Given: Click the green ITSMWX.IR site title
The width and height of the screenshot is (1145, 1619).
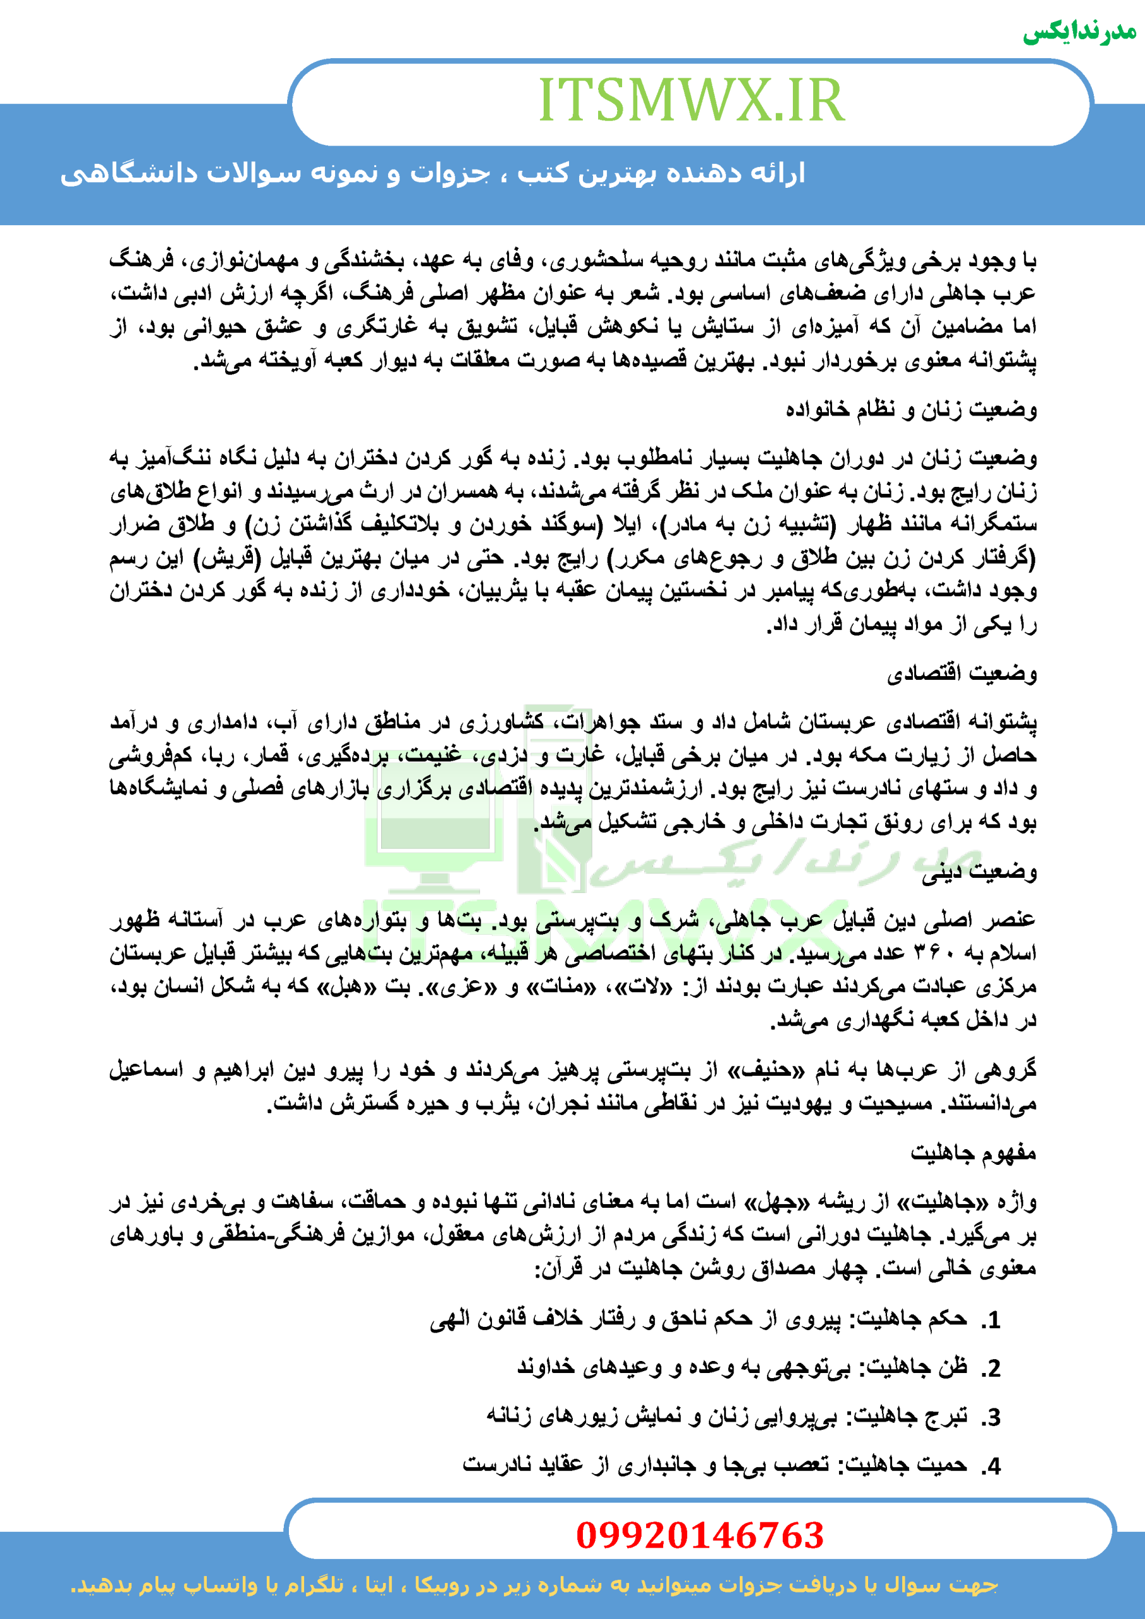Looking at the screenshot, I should pyautogui.click(x=691, y=100).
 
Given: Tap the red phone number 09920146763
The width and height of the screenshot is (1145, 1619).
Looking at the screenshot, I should pyautogui.click(x=699, y=1535).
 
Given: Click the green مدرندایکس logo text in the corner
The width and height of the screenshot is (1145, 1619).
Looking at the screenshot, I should pyautogui.click(x=1079, y=32).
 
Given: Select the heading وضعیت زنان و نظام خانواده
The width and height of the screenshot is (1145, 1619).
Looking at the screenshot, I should pyautogui.click(x=911, y=409).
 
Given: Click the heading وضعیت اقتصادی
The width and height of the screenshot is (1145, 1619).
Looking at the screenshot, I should pyautogui.click(x=962, y=673).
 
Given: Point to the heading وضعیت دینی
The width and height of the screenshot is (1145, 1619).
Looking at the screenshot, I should pyautogui.click(x=979, y=872).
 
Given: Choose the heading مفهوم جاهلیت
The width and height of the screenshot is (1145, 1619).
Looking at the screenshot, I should pyautogui.click(x=973, y=1154).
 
